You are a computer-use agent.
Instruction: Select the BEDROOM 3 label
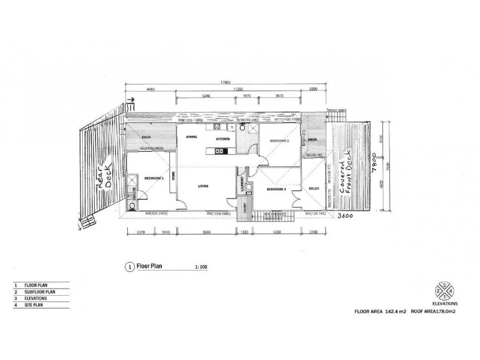pyautogui.click(x=277, y=190)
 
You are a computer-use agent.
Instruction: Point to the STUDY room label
pyautogui.click(x=314, y=188)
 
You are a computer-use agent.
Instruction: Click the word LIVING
pyautogui.click(x=203, y=187)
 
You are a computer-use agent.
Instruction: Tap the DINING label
pyautogui.click(x=191, y=137)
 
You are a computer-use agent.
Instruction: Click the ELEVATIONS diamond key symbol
pyautogui.click(x=444, y=290)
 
